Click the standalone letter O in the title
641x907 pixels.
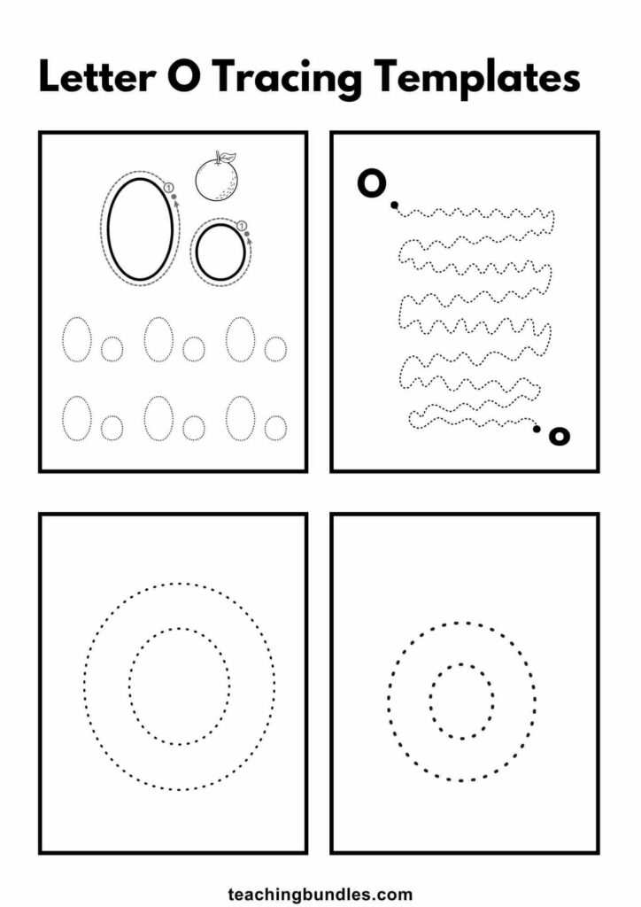tap(184, 77)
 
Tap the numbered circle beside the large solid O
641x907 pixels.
tap(169, 188)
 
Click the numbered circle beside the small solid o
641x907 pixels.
tap(243, 226)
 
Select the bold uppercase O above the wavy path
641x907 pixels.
tap(371, 183)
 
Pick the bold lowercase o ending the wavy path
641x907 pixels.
tap(559, 436)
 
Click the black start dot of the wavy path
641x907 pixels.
tap(394, 205)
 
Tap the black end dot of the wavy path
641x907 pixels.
tap(537, 429)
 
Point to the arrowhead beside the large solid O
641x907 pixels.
tap(176, 205)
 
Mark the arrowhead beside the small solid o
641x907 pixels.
tap(249, 242)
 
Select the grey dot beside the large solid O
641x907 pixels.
tap(174, 197)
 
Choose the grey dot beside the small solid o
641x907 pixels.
tap(247, 234)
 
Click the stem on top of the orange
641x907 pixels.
tap(217, 156)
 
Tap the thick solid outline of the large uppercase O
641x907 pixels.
tap(107, 229)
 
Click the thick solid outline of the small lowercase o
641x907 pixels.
tap(197, 252)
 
